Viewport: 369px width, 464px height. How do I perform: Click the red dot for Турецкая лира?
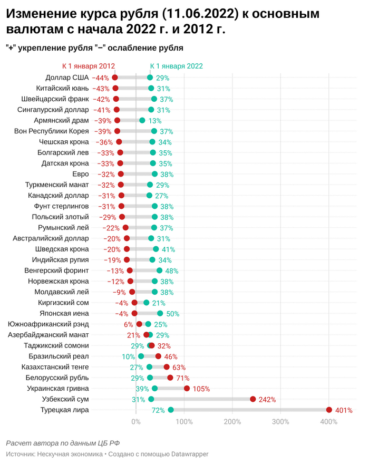[x=329, y=410]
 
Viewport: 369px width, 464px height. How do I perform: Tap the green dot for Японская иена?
[x=160, y=313]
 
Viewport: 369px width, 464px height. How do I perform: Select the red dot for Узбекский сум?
[x=253, y=399]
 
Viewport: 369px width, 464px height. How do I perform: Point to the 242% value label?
[x=267, y=400]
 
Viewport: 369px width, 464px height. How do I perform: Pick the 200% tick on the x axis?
[x=232, y=422]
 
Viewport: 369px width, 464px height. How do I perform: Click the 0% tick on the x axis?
[x=136, y=422]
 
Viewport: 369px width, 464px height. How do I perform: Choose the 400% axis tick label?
[x=329, y=422]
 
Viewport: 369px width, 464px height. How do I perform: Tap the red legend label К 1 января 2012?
[x=89, y=66]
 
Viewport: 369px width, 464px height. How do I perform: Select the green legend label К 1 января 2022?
[x=176, y=66]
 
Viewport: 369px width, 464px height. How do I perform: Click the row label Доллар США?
[x=67, y=78]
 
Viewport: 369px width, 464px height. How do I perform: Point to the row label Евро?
[x=80, y=174]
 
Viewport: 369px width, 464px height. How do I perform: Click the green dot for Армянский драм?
[x=142, y=120]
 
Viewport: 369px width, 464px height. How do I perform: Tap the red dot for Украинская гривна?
[x=187, y=388]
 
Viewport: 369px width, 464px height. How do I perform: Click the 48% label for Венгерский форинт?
[x=171, y=270]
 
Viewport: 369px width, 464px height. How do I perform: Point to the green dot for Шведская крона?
[x=156, y=249]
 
